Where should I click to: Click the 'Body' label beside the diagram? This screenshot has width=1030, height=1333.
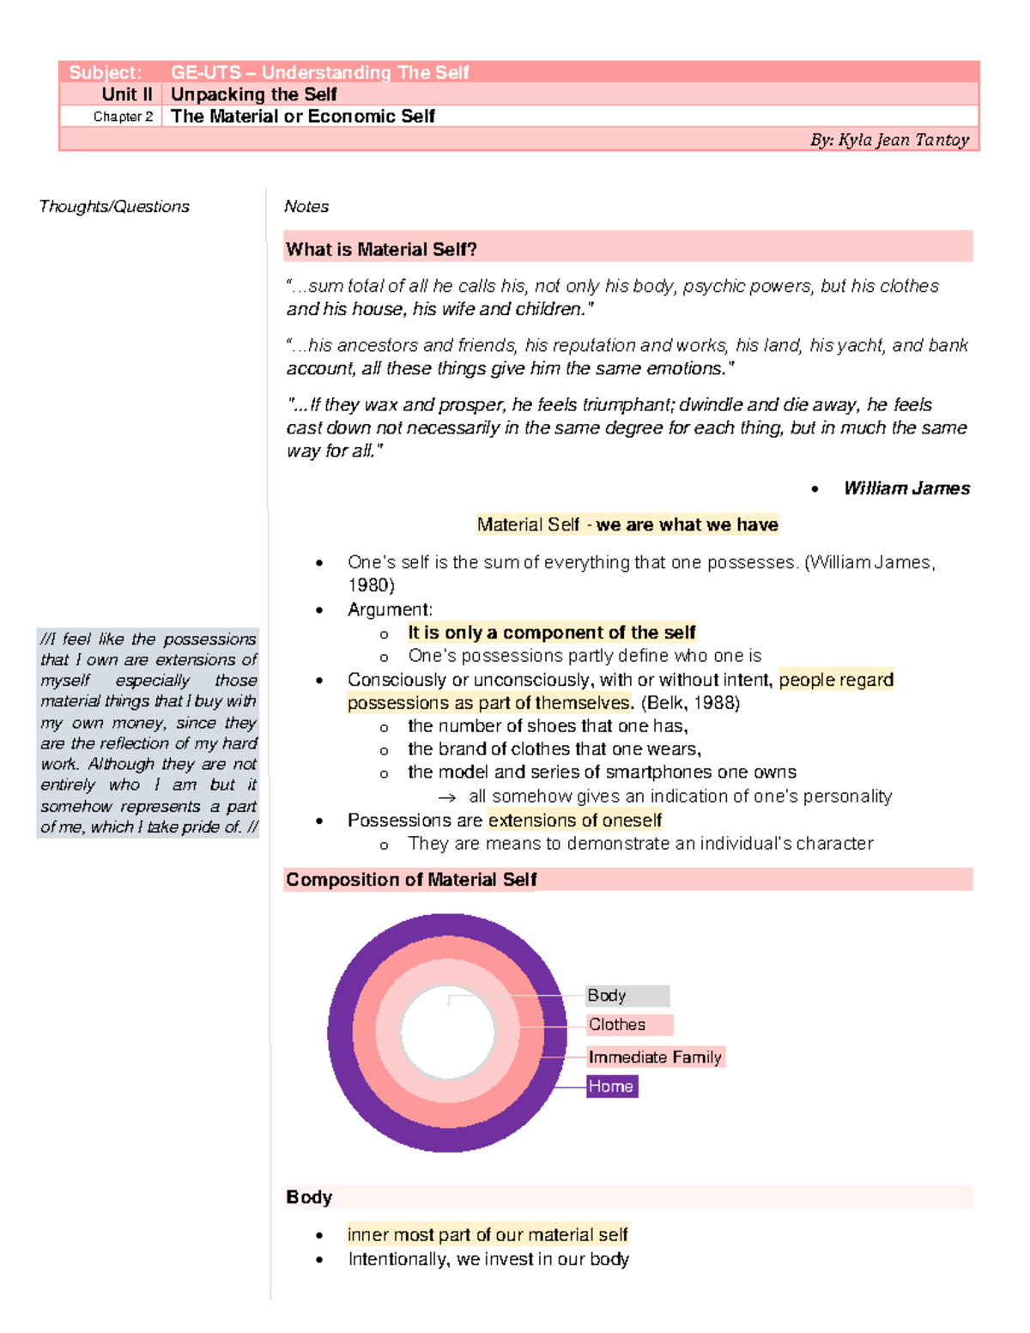[607, 996]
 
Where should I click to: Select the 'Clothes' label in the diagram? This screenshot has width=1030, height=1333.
[617, 1025]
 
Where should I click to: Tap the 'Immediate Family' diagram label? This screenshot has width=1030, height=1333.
[655, 1057]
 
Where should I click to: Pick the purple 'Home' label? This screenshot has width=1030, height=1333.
[611, 1087]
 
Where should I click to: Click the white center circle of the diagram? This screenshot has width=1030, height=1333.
[447, 1033]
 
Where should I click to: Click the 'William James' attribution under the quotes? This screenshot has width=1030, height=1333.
[906, 488]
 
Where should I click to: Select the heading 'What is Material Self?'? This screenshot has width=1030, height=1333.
[381, 250]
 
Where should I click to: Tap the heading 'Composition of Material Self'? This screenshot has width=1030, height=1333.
[411, 880]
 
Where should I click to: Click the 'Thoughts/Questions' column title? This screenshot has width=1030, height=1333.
[114, 207]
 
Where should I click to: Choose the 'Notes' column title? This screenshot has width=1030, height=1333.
[306, 207]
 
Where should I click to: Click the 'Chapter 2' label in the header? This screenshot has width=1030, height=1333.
[123, 117]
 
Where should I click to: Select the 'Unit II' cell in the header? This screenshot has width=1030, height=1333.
[127, 94]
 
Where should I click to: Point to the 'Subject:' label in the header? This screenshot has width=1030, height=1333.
[106, 73]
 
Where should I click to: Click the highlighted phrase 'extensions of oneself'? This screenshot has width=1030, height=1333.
[575, 821]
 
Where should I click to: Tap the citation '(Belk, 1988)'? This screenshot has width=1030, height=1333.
[690, 703]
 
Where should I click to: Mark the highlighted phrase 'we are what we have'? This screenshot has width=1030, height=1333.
[687, 524]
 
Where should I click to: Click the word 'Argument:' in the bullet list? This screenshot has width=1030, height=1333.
[390, 609]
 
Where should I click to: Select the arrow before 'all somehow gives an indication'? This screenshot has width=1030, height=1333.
[446, 797]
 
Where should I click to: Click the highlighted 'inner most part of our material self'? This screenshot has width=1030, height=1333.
[488, 1235]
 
